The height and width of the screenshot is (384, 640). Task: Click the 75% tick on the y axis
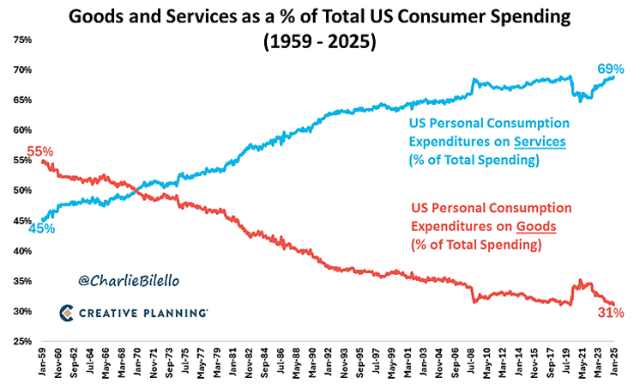click(21, 40)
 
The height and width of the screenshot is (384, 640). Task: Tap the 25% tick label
click(21, 341)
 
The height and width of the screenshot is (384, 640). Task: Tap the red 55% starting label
click(40, 152)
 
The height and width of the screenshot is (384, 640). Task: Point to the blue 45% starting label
click(40, 229)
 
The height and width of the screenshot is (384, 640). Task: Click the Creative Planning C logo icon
click(67, 313)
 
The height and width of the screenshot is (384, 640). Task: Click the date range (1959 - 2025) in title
click(320, 41)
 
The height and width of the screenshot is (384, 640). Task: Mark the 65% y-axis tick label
click(21, 100)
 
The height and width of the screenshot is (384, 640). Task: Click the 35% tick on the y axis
click(21, 281)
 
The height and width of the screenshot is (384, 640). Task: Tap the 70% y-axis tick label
click(21, 70)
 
